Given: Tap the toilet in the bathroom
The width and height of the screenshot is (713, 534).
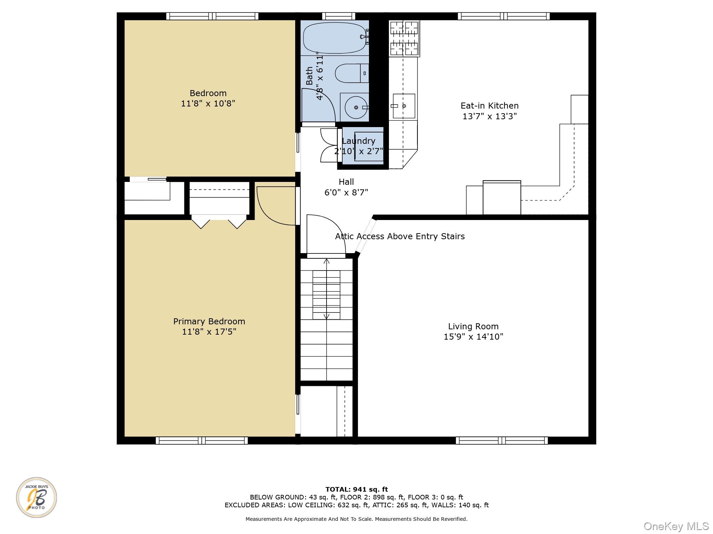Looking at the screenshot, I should (x=352, y=73).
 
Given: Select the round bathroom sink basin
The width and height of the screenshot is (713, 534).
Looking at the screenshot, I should (x=356, y=107).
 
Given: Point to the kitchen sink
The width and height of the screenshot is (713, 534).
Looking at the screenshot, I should (x=404, y=106).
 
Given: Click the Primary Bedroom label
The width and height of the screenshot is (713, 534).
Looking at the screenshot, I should (x=209, y=321).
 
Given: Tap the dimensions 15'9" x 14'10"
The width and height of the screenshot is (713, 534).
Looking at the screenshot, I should (x=473, y=337).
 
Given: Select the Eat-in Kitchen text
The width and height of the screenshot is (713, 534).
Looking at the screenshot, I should (x=489, y=106).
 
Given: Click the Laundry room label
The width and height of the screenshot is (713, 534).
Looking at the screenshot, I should (x=358, y=141).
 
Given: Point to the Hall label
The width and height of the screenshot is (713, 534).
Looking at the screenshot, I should (x=346, y=182).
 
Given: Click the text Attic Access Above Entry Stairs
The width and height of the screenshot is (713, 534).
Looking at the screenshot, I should (x=400, y=236).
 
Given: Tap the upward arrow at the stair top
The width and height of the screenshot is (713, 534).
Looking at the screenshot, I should (x=326, y=262).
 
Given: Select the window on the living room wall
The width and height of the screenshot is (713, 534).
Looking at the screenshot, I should (x=502, y=440).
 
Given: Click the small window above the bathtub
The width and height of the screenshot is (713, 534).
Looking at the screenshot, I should (x=339, y=16).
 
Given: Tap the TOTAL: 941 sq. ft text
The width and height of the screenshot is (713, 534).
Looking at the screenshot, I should (x=356, y=489).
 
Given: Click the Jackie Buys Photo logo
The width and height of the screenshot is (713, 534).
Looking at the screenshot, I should (x=36, y=497).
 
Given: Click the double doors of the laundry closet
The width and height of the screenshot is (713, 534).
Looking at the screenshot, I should (x=328, y=145).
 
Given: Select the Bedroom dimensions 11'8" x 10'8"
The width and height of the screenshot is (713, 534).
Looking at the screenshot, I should (x=208, y=104).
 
